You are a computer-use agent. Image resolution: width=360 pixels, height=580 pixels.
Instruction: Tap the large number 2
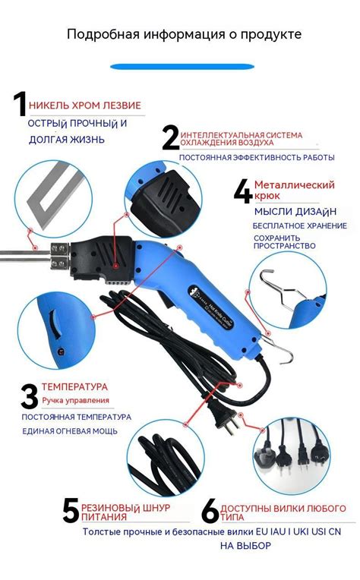171,137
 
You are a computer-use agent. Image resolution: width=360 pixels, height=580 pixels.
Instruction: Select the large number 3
30,396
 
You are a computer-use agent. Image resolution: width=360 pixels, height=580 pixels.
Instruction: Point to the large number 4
243,192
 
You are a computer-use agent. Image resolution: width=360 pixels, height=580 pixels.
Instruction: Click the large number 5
71,510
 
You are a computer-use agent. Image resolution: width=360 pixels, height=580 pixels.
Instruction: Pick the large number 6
210,510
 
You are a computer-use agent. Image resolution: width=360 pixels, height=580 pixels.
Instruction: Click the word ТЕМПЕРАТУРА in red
74,386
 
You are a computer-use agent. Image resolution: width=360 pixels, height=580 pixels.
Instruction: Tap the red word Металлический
295,184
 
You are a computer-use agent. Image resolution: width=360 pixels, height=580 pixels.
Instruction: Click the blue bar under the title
179,67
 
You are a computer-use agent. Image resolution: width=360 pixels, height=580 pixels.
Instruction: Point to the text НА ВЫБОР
245,545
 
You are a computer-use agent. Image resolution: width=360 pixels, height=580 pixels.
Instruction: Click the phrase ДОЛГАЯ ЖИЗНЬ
67,140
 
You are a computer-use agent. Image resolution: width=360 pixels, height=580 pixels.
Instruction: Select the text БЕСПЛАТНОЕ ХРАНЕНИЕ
300,225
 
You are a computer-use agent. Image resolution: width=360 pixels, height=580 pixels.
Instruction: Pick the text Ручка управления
75,400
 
